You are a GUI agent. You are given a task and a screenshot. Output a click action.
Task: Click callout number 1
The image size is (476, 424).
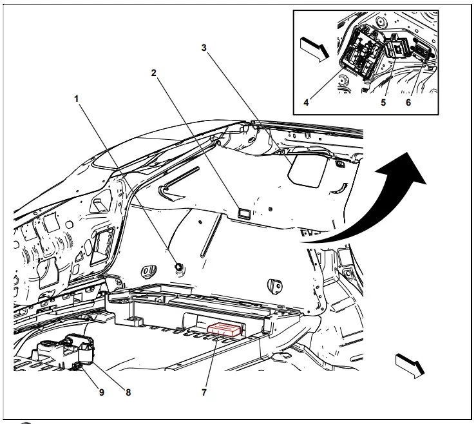[x=76, y=99]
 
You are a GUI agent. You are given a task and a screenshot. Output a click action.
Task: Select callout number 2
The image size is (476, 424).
[x=154, y=73]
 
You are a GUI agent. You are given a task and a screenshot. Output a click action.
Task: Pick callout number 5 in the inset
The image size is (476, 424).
[x=383, y=101]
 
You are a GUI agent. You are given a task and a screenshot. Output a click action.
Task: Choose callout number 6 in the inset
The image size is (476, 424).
[x=408, y=101]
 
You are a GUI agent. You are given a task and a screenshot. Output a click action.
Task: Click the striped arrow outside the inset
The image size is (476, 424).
[x=410, y=363]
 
